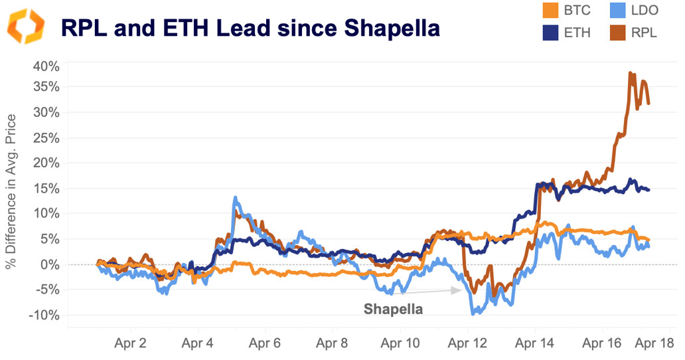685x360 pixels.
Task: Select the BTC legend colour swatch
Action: (x=551, y=11)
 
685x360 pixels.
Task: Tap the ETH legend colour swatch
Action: (x=551, y=32)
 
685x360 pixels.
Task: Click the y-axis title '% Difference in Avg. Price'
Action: (x=11, y=191)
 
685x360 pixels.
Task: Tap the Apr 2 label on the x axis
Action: (x=130, y=344)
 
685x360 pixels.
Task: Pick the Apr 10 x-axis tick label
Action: (x=400, y=344)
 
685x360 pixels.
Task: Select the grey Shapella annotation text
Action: (x=393, y=309)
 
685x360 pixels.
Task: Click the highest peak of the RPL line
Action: (x=631, y=73)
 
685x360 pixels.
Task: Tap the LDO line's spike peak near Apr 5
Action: (x=235, y=197)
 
